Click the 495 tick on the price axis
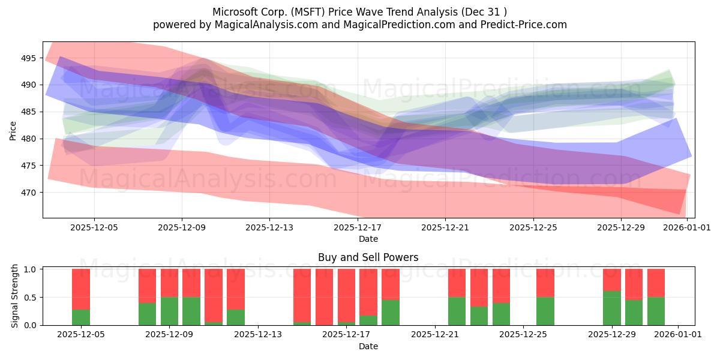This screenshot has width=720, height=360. pyautogui.click(x=29, y=58)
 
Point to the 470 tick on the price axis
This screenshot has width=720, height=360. pyautogui.click(x=29, y=193)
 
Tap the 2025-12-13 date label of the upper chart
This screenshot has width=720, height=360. pyautogui.click(x=269, y=227)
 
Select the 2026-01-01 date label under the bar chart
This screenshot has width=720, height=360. pyautogui.click(x=678, y=335)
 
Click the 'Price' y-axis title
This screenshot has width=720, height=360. pyautogui.click(x=13, y=130)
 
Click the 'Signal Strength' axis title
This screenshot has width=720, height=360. pyautogui.click(x=15, y=296)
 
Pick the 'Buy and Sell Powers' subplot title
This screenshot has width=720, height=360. pyautogui.click(x=368, y=257)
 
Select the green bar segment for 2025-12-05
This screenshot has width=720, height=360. pyautogui.click(x=81, y=317)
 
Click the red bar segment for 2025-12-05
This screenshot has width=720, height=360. pyautogui.click(x=81, y=289)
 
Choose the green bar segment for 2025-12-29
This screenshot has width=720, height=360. pyautogui.click(x=612, y=308)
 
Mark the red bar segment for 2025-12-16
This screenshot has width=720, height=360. pyautogui.click(x=324, y=297)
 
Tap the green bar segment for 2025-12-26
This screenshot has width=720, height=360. pyautogui.click(x=545, y=311)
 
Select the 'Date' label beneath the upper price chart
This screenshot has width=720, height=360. pyautogui.click(x=368, y=239)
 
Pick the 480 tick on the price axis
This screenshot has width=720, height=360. pyautogui.click(x=29, y=139)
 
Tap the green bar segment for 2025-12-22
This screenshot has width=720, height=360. pyautogui.click(x=457, y=311)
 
